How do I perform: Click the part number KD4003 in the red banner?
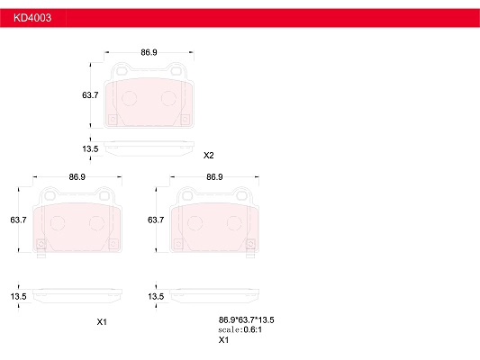(32, 18)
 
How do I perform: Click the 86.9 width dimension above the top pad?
(149, 52)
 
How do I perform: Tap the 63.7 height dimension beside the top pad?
(90, 95)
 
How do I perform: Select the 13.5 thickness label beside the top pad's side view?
(90, 149)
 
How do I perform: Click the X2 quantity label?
(208, 156)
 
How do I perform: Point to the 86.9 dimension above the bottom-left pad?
(77, 176)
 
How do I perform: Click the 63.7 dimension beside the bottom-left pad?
(18, 220)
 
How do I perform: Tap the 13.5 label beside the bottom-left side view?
(18, 296)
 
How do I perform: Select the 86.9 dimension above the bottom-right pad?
(214, 176)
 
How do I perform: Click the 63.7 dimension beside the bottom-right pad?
(156, 220)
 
